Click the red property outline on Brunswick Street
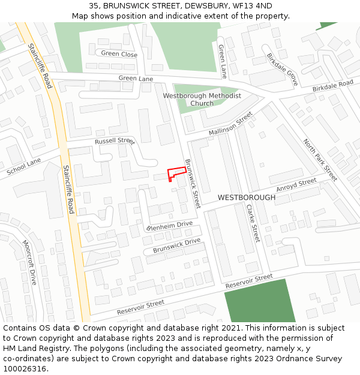pos(176,172)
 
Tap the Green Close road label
pos(119,54)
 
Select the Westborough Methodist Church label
pos(202,100)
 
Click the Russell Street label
pos(114,141)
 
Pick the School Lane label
pos(23,167)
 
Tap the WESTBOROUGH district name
pos(247,197)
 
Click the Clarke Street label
pos(252,223)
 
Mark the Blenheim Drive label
pos(169,226)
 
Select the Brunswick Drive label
pos(176,245)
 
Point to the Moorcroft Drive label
pos(29,262)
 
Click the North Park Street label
pos(320,160)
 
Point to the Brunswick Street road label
pos(191,183)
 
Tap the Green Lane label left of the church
pos(136,78)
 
